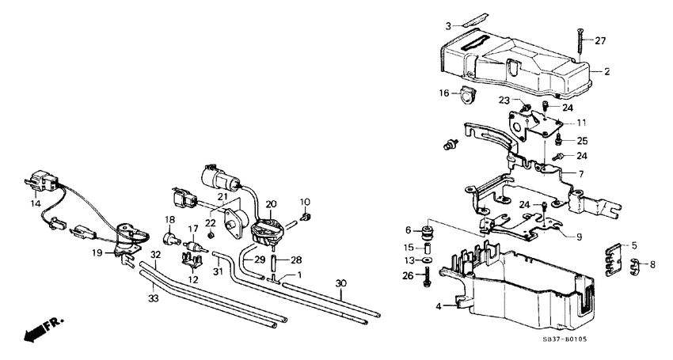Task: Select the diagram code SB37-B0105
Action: click(565, 339)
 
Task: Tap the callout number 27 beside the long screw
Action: click(600, 41)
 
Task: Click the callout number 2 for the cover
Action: click(607, 72)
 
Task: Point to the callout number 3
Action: click(447, 27)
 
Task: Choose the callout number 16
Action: click(444, 93)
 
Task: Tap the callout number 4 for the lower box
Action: click(438, 306)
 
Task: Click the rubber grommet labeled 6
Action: click(427, 231)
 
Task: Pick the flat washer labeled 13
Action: click(427, 260)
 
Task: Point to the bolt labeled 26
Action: click(427, 277)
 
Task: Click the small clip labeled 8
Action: click(635, 265)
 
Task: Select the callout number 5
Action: click(634, 246)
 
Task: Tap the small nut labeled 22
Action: click(211, 235)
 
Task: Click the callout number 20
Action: click(271, 204)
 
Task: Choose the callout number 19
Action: click(97, 253)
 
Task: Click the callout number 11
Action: click(581, 123)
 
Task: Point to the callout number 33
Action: click(154, 298)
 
